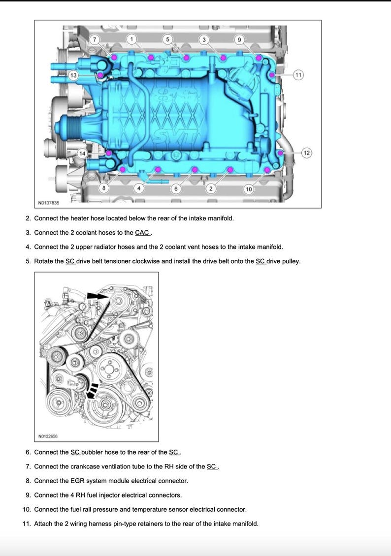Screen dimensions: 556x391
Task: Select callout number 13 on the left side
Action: click(73, 75)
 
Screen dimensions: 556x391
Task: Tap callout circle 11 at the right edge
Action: click(298, 75)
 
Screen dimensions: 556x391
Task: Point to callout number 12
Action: click(306, 153)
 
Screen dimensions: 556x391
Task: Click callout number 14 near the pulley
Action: click(82, 154)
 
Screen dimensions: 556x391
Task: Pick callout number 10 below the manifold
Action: click(248, 189)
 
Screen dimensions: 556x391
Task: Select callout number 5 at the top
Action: click(167, 39)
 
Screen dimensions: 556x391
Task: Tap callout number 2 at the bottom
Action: click(211, 189)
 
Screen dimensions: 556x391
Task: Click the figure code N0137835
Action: click(49, 203)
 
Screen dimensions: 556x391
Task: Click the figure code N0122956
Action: click(49, 436)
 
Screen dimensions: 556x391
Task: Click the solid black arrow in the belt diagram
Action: click(97, 296)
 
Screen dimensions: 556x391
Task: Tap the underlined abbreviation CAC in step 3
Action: click(142, 233)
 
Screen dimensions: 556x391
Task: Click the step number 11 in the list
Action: click(27, 524)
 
